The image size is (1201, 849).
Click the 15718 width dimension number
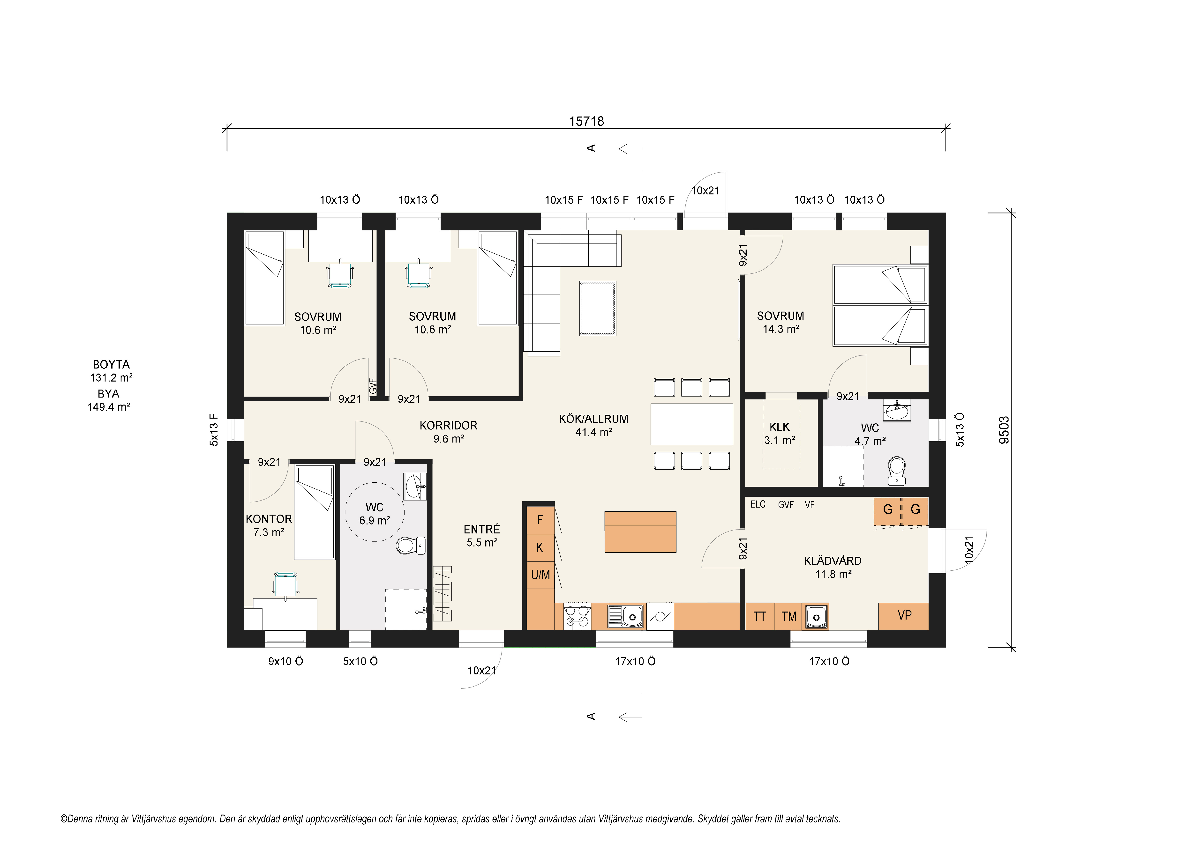pyautogui.click(x=586, y=121)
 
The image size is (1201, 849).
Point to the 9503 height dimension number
pyautogui.click(x=1004, y=430)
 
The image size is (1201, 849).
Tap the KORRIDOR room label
pyautogui.click(x=448, y=426)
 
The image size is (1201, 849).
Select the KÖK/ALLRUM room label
pyautogui.click(x=593, y=419)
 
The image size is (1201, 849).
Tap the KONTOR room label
pyautogui.click(x=269, y=519)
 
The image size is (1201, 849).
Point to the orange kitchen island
pyautogui.click(x=640, y=532)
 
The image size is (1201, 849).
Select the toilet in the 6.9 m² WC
pyautogui.click(x=411, y=545)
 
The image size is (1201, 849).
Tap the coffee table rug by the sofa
pyautogui.click(x=597, y=309)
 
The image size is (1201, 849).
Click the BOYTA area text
pyautogui.click(x=111, y=364)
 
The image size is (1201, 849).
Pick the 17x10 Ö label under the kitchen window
pyautogui.click(x=635, y=661)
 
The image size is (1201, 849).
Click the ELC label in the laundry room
pyautogui.click(x=758, y=504)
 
